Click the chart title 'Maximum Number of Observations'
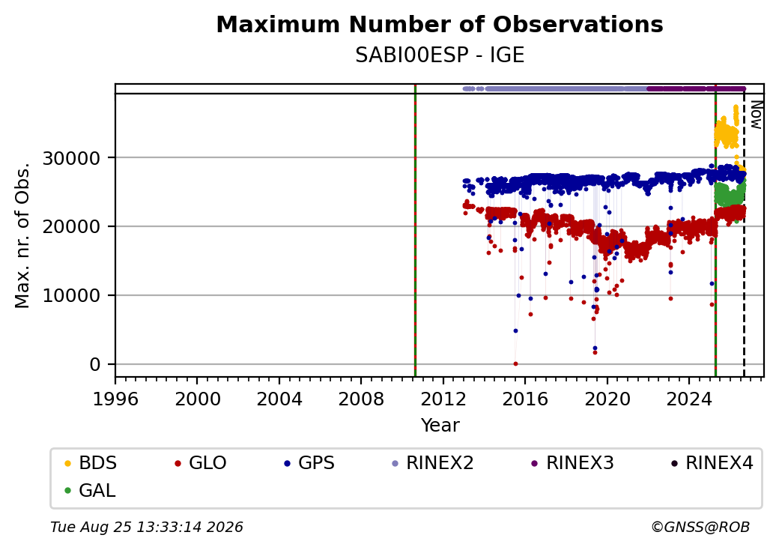pos(440,25)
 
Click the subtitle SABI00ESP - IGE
pos(440,55)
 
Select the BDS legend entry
pos(91,463)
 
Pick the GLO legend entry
pos(201,463)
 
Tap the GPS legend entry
pos(309,463)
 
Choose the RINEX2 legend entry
pos(433,463)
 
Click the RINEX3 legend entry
pos(573,463)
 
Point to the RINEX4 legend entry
pos(712,463)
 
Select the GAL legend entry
pos(91,490)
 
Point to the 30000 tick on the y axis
pos(72,159)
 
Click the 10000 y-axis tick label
pos(72,296)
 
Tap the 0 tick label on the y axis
pos(95,365)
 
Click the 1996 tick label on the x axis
pos(115,399)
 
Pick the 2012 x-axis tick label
pos(443,399)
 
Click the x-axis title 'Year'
pos(440,426)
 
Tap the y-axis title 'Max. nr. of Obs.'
pos(22,235)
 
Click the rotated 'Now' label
pos(756,115)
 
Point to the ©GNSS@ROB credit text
pos(700,527)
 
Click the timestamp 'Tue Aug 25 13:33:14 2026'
pos(147,527)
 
